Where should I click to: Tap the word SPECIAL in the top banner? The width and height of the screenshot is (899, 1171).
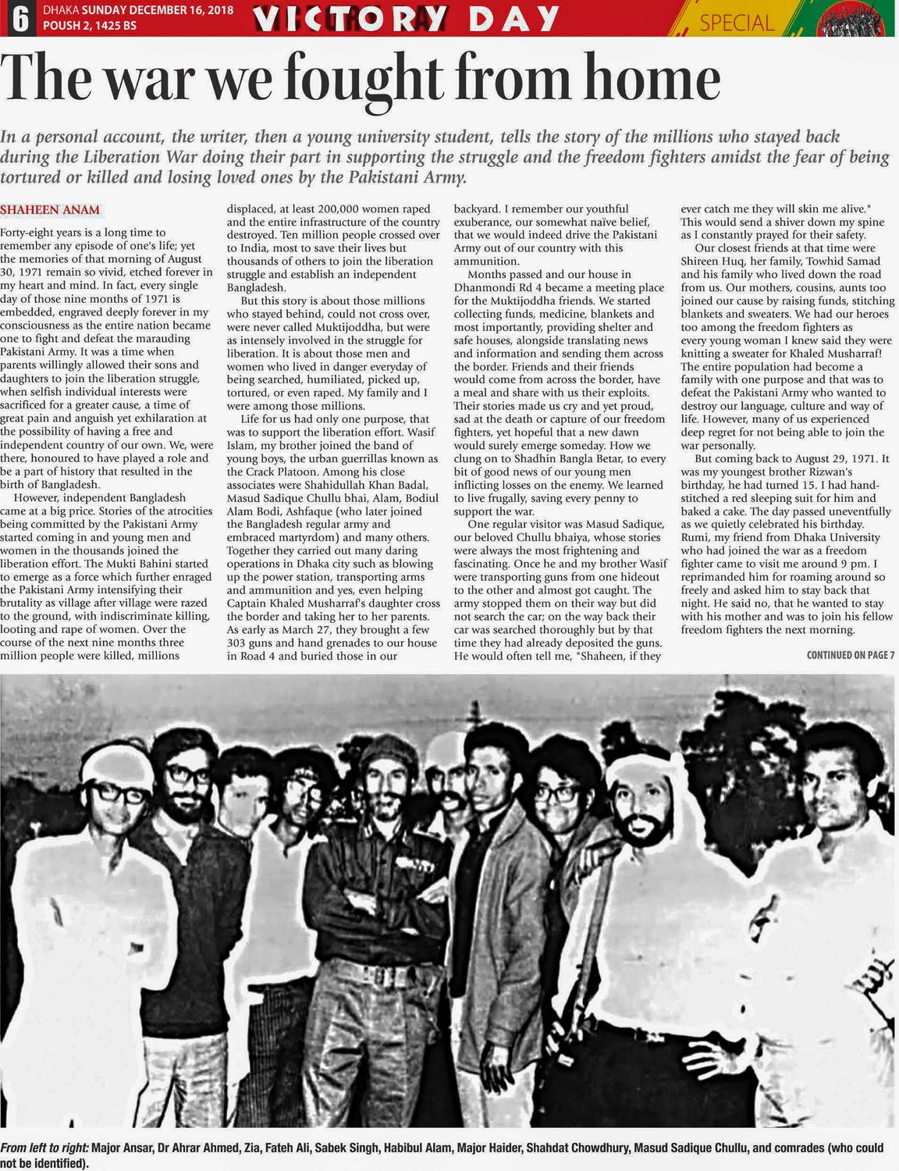coord(737,23)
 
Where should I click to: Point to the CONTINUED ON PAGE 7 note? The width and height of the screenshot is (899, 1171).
coord(851,655)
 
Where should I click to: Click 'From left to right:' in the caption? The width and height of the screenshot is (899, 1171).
coord(44,1148)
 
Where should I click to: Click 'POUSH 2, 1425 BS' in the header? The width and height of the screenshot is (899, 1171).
coord(89,26)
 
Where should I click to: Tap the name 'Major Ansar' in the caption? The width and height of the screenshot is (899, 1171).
coord(121,1148)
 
